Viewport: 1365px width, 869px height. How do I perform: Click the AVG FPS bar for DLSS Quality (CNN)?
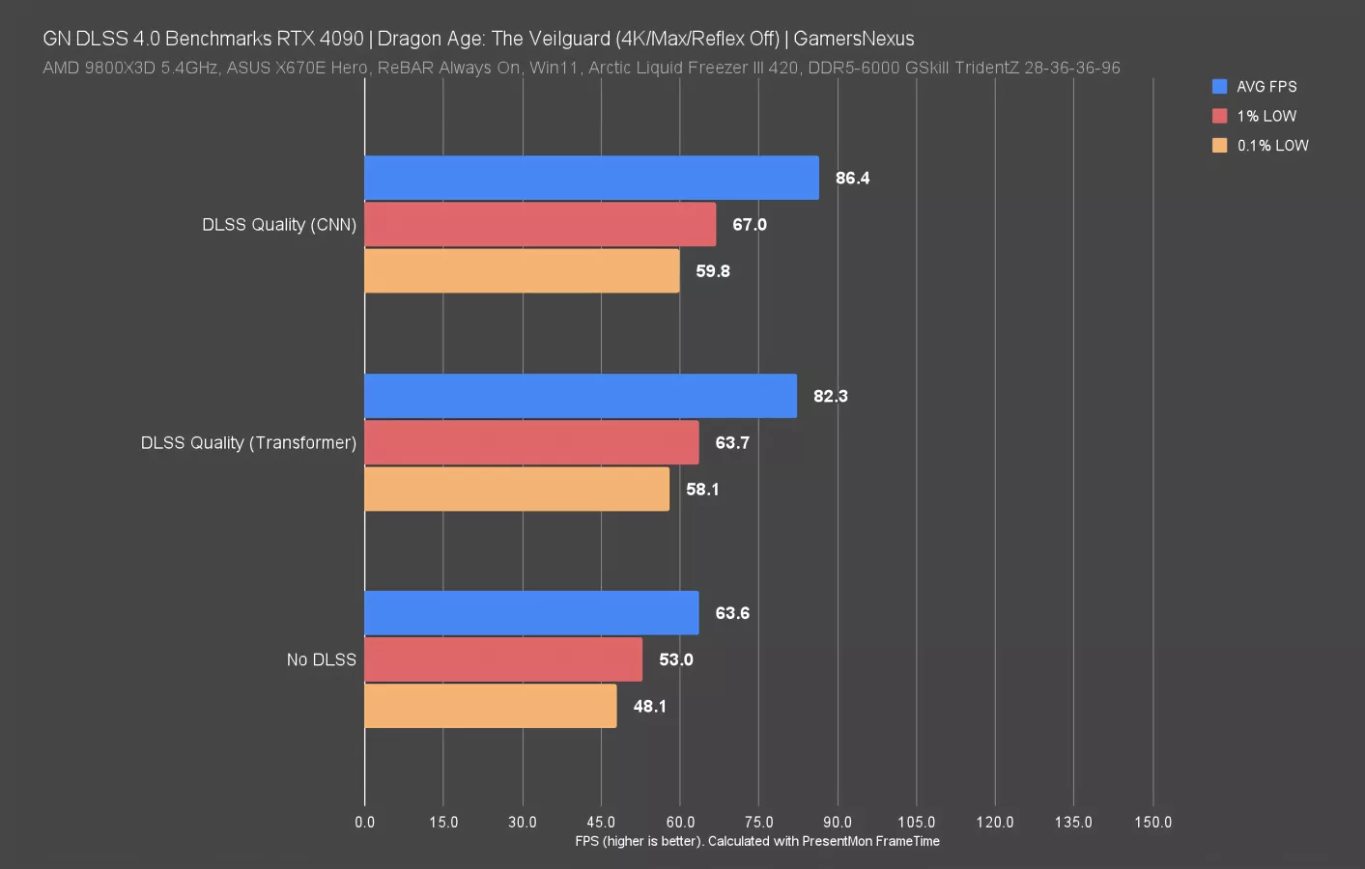(591, 178)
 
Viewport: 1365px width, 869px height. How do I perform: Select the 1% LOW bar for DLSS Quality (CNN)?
(540, 224)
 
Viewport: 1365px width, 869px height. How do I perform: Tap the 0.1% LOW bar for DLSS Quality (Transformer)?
(517, 489)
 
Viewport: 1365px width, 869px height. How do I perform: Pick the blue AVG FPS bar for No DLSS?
(531, 613)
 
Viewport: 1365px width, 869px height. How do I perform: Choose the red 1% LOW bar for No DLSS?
(503, 659)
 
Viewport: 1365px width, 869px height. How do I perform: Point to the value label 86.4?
(852, 178)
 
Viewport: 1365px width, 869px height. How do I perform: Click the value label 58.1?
(702, 490)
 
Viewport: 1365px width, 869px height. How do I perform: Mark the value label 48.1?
(649, 707)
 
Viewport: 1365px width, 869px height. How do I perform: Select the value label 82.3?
(830, 396)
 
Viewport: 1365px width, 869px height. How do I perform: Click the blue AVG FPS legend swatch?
(1219, 86)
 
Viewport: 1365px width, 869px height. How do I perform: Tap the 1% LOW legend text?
(1266, 116)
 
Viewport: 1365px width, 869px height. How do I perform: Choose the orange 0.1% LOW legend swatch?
(1219, 145)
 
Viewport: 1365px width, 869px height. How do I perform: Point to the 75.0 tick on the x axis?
(758, 822)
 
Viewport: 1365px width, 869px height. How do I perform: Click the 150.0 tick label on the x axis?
(1152, 822)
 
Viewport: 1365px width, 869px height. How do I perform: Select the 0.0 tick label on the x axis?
(364, 822)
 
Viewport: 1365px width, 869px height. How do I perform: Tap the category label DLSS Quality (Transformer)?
(248, 442)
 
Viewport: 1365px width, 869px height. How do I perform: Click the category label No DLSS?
(321, 659)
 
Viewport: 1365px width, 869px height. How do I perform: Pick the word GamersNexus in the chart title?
(853, 39)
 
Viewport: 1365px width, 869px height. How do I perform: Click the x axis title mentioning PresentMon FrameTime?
(757, 841)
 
